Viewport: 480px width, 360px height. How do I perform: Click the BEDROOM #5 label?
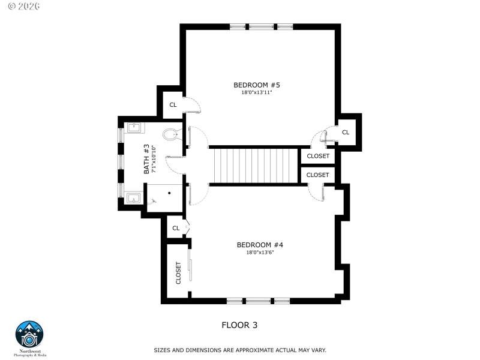[x=257, y=85]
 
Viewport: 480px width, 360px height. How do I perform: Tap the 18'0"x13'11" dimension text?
[x=257, y=93]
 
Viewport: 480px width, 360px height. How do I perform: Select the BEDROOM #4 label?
[x=259, y=245]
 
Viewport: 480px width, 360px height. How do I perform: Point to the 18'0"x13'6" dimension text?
[x=259, y=253]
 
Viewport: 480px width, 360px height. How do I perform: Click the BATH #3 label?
[x=146, y=160]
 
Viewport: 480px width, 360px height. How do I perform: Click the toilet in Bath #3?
[x=171, y=134]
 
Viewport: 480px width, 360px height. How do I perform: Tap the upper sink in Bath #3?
[x=134, y=127]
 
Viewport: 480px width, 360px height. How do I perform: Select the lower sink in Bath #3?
[x=134, y=197]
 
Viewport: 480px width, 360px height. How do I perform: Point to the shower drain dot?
[x=170, y=193]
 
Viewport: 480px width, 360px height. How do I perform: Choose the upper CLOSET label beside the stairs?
[x=317, y=156]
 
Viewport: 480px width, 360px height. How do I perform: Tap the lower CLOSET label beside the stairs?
[x=317, y=175]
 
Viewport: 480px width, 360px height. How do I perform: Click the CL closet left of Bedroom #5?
[x=173, y=105]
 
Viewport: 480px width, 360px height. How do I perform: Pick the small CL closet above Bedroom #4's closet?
[x=176, y=228]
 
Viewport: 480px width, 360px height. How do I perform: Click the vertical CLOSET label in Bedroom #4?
[x=178, y=272]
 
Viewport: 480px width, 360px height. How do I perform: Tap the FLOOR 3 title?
[x=239, y=325]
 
